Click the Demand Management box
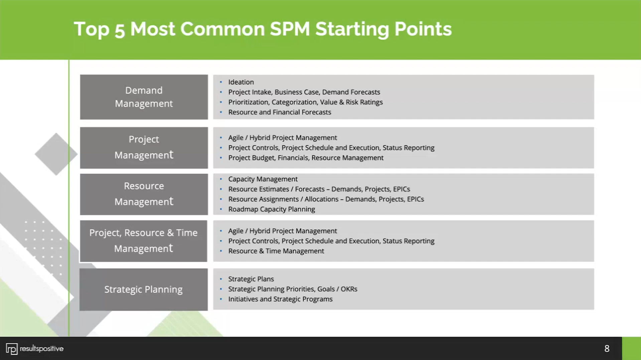point(144,97)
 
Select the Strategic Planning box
point(143,289)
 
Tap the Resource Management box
point(144,194)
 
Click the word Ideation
point(241,82)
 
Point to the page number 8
point(607,349)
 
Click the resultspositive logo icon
point(12,349)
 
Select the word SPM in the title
point(289,29)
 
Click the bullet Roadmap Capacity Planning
point(271,209)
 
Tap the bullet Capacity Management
point(263,179)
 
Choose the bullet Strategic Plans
point(251,279)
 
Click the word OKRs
point(349,289)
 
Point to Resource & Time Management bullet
point(276,251)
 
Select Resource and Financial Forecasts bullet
point(279,113)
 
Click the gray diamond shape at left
point(55,154)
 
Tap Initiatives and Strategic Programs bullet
point(280,299)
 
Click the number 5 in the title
point(120,30)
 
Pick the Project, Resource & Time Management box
point(143,241)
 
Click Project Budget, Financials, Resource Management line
point(305,158)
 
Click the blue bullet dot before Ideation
point(221,82)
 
